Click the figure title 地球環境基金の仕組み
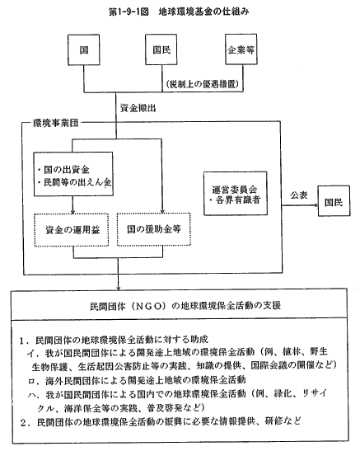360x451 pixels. click(204, 12)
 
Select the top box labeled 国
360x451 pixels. click(83, 49)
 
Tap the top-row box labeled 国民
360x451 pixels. click(161, 49)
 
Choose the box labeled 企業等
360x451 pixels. click(241, 49)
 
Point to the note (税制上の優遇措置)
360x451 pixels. click(203, 84)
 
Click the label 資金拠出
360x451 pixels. click(138, 108)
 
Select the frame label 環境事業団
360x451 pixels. click(55, 123)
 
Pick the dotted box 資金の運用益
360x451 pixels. click(72, 230)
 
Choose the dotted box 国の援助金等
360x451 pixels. click(154, 229)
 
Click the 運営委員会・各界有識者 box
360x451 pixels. click(236, 194)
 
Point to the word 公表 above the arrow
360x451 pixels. click(299, 195)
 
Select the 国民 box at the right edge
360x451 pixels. click(334, 201)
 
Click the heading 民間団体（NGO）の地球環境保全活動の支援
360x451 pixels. click(185, 306)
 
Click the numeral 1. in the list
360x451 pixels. click(24, 341)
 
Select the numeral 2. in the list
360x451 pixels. click(26, 423)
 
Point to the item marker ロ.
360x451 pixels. click(31, 381)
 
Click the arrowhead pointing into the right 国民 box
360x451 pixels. click(316, 205)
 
